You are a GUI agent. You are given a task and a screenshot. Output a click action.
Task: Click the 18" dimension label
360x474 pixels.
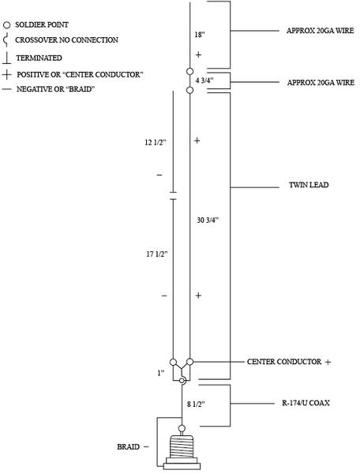(200, 35)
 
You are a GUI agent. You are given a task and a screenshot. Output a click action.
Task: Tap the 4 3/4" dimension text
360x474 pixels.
(204, 81)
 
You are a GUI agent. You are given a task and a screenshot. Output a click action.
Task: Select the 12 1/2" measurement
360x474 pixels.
(156, 142)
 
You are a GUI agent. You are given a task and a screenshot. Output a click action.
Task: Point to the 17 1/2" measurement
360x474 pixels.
(157, 254)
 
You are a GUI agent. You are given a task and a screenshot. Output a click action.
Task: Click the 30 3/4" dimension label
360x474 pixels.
(208, 220)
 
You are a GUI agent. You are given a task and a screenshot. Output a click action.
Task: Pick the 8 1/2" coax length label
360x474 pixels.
(196, 404)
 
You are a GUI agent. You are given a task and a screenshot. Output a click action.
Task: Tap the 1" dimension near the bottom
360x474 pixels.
(161, 373)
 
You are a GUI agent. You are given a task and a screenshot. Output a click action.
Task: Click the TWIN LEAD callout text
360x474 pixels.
(309, 185)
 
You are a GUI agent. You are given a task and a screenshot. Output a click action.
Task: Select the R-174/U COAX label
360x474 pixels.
(306, 403)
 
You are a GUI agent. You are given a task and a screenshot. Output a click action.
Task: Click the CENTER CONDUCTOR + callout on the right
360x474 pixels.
(289, 362)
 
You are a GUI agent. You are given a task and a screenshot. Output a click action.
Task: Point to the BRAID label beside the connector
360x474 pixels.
(129, 447)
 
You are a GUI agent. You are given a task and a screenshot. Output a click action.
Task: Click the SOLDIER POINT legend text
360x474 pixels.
(42, 24)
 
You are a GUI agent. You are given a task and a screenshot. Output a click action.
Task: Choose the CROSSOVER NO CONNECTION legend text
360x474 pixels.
(66, 40)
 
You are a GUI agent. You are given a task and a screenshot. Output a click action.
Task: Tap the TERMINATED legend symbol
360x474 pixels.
(6, 58)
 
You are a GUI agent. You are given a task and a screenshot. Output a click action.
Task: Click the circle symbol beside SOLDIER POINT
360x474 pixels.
(6, 25)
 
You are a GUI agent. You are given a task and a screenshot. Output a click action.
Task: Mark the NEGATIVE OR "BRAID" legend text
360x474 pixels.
(55, 89)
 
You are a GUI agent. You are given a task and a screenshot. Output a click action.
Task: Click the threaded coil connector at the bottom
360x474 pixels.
(182, 452)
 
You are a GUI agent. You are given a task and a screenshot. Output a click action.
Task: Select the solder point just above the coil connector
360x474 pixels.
(182, 428)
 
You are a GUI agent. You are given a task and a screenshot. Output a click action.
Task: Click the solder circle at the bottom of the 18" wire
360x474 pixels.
(189, 72)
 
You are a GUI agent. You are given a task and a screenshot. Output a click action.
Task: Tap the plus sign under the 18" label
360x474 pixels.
(198, 55)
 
